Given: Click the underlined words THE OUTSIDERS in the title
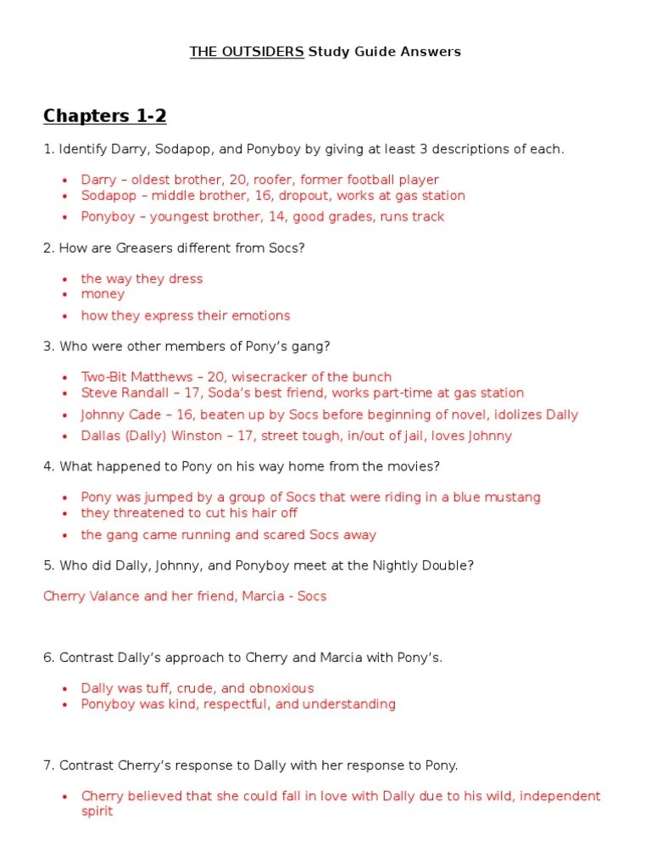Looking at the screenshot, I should coord(247,52).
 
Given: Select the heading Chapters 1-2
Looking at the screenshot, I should coord(105,116).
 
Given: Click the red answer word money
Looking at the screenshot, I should coord(103,294).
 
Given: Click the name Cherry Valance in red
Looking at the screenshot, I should coord(92,597).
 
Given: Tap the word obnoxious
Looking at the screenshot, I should coord(279,688).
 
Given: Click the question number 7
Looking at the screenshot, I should coord(47,765).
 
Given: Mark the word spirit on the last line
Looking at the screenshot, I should coord(97,811).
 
